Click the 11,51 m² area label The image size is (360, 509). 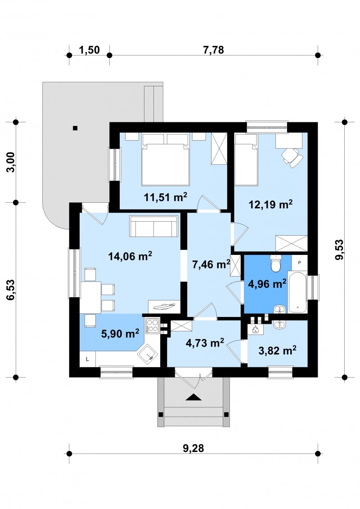pos(166,196)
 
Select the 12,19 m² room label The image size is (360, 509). pos(270,204)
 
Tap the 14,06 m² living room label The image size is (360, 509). pos(130,256)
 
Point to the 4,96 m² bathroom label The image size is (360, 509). pos(267,284)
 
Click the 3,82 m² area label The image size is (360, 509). pos(277,350)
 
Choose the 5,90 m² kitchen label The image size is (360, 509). pos(120,333)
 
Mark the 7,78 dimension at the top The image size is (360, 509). pos(213,50)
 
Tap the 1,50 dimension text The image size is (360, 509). pos(90,50)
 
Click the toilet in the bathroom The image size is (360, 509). pos(276,263)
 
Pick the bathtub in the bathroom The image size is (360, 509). pos(297,292)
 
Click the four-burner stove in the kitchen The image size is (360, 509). pos(152,326)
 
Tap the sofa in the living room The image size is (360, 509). pos(154,226)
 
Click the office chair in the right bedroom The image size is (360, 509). pos(293,157)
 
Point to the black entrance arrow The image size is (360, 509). pos(193,397)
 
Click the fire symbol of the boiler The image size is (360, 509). pos(255,329)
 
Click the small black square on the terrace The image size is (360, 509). pos(75,128)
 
